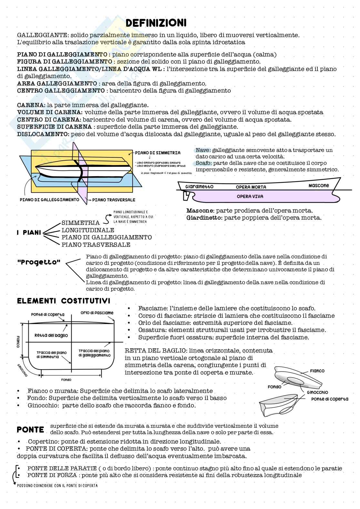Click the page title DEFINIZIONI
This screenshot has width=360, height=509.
click(x=156, y=23)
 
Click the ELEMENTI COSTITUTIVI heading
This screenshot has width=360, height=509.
click(x=64, y=301)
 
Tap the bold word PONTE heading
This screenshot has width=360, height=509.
click(x=30, y=430)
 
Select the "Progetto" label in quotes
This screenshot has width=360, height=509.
click(x=39, y=262)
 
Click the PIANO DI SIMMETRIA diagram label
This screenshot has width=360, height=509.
click(x=158, y=153)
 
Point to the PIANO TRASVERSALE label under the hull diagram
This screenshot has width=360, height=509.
click(x=114, y=200)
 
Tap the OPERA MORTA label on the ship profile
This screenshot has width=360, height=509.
click(x=251, y=187)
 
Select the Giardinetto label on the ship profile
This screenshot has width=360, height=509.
click(x=199, y=187)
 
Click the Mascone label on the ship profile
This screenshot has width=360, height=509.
click(x=318, y=185)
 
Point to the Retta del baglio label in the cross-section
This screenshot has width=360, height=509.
click(x=51, y=335)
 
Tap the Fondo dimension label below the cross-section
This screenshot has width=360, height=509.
click(x=66, y=380)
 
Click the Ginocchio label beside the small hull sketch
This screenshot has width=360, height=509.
click(x=317, y=392)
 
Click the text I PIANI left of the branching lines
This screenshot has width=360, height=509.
click(x=29, y=232)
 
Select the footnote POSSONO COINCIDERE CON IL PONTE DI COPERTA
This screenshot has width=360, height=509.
click(x=57, y=485)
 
